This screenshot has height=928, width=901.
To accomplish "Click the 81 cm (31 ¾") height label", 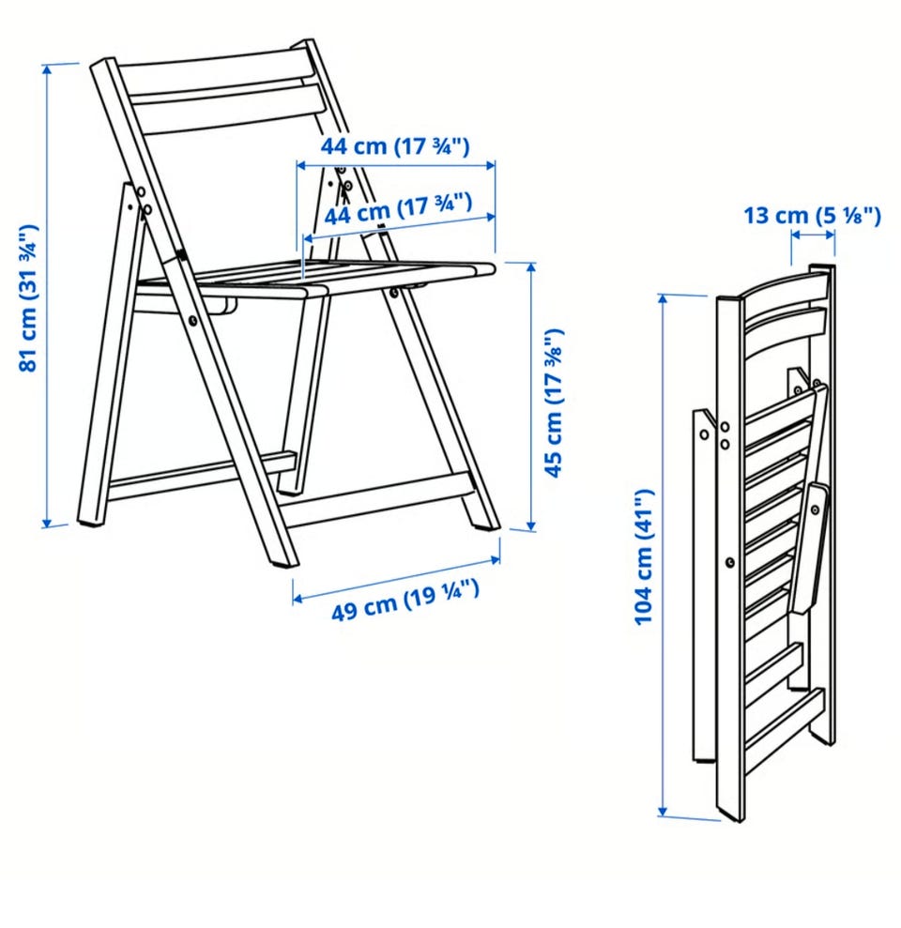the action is [x=28, y=297].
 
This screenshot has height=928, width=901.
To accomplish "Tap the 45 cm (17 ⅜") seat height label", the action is [x=554, y=403].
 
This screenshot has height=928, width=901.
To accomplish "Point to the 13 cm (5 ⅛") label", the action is [x=812, y=216].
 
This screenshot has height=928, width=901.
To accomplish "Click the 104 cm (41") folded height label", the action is [x=644, y=557].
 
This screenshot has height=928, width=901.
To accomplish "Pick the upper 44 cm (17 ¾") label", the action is [x=395, y=145].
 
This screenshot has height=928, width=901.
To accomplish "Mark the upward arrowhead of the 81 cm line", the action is [x=47, y=69].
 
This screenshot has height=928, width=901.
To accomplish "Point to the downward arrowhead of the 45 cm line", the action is [x=531, y=524].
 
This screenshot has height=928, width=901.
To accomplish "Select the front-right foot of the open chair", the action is [x=486, y=521].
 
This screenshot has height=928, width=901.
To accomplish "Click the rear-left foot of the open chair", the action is [x=90, y=516].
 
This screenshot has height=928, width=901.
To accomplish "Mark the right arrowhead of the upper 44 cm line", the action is [x=490, y=166].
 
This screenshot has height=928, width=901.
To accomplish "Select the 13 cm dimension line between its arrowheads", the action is [x=813, y=235].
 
